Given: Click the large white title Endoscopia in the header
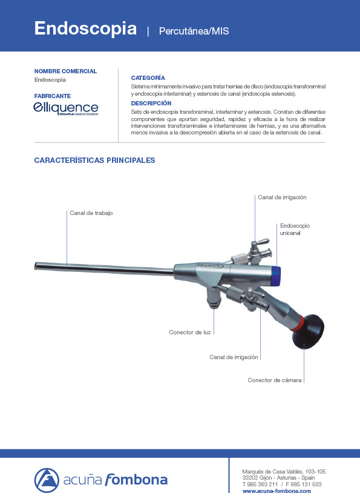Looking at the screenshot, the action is [85, 28].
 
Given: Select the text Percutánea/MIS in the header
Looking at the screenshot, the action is [194, 30].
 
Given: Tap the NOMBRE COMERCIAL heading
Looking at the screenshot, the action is [65, 71].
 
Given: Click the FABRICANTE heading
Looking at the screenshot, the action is [53, 96].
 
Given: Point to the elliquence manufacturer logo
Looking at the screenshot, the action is [66, 108].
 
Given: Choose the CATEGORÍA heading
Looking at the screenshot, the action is [148, 78].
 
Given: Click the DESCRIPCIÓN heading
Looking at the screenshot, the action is [151, 104].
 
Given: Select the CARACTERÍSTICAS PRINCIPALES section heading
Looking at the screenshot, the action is [95, 160].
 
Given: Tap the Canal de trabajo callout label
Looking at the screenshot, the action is [91, 213].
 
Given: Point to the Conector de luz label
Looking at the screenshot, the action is [190, 332].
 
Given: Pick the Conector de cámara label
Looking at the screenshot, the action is [275, 380].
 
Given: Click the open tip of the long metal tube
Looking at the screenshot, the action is [38, 265].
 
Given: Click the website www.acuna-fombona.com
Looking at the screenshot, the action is [277, 491].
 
